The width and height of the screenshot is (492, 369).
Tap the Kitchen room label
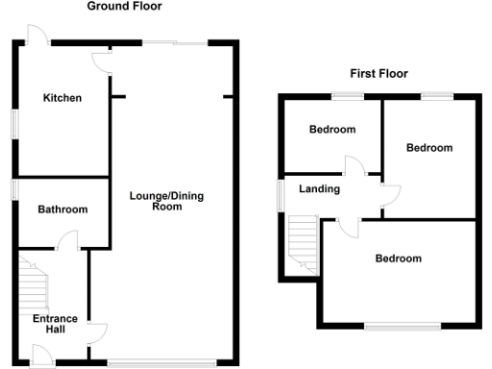pyautogui.click(x=61, y=98)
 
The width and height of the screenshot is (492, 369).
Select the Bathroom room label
pyautogui.click(x=62, y=209)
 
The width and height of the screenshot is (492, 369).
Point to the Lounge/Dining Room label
pyautogui.click(x=167, y=201)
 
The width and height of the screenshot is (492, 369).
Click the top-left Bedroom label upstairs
pyautogui.click(x=332, y=130)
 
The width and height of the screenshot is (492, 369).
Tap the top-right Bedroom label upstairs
pyautogui.click(x=429, y=148)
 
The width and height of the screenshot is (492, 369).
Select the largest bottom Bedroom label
pyautogui.click(x=398, y=258)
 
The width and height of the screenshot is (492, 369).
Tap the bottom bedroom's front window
pyautogui.click(x=397, y=326)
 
